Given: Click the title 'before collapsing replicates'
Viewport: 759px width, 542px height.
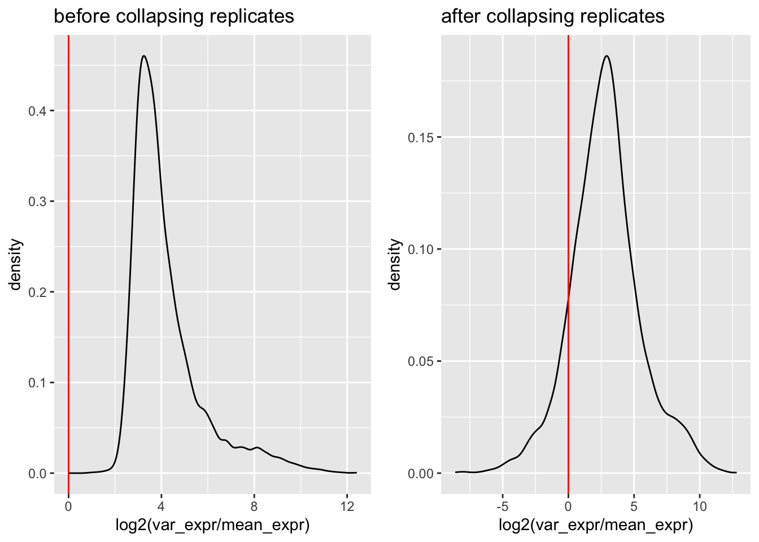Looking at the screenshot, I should tap(173, 16).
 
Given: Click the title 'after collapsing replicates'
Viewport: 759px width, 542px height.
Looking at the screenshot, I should tap(552, 16).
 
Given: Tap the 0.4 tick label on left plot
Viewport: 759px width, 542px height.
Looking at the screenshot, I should tap(37, 111).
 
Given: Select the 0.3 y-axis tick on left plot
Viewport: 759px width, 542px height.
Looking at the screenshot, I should tap(37, 202).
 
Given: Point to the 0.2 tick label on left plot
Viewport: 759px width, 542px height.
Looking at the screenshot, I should tap(37, 292).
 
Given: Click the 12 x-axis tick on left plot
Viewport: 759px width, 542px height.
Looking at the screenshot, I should tap(347, 506).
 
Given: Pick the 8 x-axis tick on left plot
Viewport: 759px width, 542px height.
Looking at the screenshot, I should tap(254, 506).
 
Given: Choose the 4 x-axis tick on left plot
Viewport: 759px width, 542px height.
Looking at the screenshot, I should tap(161, 506).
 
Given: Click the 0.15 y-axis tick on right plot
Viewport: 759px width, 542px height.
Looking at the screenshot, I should tap(421, 138).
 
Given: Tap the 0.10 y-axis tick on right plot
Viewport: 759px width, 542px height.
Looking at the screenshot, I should tap(421, 250).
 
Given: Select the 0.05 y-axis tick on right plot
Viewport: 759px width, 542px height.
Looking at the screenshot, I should tap(421, 361).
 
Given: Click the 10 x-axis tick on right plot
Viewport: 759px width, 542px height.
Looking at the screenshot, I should tap(700, 506).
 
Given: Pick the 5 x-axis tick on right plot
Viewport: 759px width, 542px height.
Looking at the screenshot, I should tap(634, 506).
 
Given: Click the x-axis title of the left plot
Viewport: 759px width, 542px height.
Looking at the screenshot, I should tap(212, 526).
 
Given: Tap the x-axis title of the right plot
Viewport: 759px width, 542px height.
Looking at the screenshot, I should tap(596, 526).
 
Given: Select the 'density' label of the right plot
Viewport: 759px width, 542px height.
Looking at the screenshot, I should tap(395, 264).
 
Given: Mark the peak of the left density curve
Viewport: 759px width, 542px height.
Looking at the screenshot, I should tap(144, 56).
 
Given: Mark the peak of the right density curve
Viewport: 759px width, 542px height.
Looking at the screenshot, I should tap(607, 56).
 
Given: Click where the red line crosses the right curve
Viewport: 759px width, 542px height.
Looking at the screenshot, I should tap(568, 299).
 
